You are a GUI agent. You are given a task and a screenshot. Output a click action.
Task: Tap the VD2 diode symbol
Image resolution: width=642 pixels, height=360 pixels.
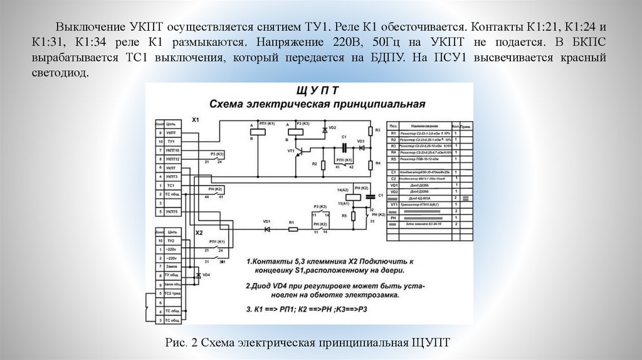324,130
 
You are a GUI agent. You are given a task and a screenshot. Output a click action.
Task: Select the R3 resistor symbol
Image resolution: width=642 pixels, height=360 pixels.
371,131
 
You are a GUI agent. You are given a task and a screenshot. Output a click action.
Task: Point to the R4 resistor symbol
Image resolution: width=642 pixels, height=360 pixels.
371,164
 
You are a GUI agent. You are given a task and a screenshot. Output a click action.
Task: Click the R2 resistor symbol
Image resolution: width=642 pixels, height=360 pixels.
323,165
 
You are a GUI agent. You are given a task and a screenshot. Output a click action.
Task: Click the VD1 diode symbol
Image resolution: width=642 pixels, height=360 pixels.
267,230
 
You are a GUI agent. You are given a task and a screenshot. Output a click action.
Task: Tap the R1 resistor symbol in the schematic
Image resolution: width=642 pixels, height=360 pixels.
292,230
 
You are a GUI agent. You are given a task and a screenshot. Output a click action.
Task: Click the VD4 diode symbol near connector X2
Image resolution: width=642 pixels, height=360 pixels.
199,275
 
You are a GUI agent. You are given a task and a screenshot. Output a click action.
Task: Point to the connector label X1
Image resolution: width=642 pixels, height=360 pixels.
196,119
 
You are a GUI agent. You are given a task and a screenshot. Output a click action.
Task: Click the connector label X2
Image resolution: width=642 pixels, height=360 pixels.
199,232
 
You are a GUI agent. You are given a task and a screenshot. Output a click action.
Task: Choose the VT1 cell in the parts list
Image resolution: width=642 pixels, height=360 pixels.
394,204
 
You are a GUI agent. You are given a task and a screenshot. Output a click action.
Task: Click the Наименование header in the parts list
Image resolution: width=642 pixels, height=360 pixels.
424,125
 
